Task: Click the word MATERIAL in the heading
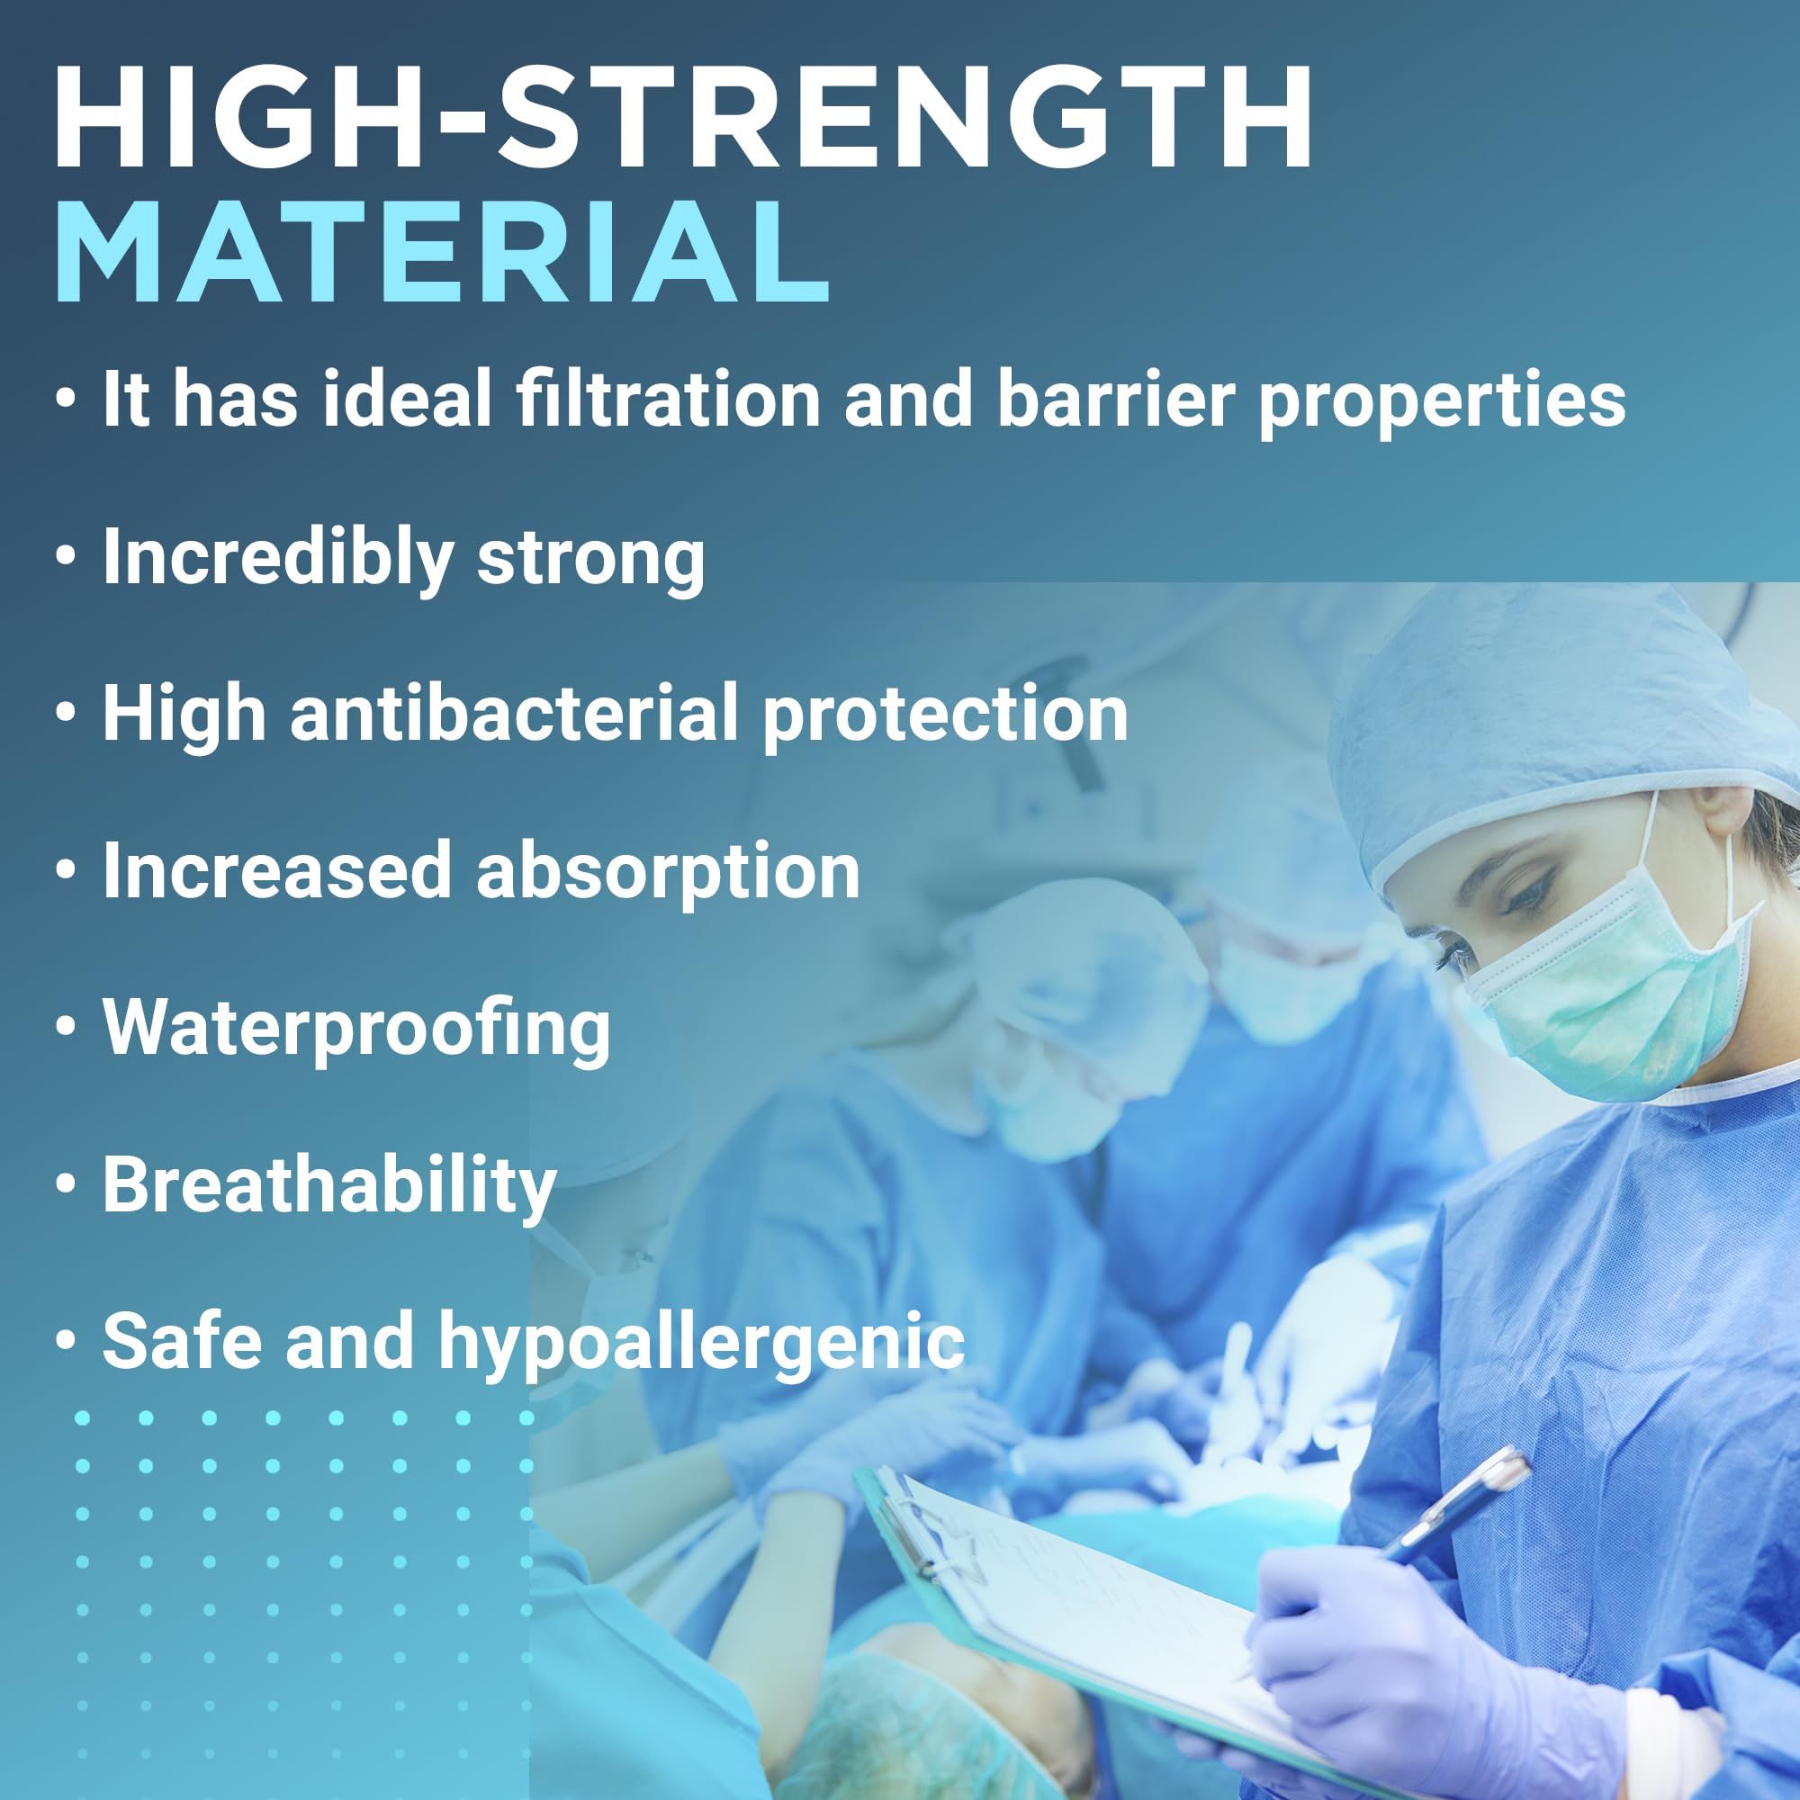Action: click(x=443, y=250)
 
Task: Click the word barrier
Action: click(x=1115, y=398)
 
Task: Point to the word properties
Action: click(x=1442, y=403)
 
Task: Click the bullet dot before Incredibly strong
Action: click(x=64, y=560)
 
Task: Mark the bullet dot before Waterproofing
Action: click(x=64, y=1029)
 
